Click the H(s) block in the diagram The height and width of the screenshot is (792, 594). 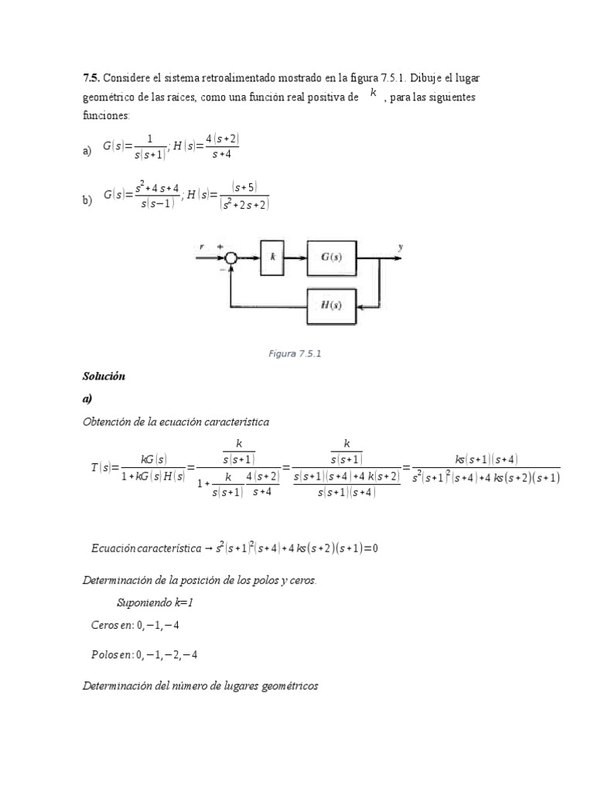point(331,305)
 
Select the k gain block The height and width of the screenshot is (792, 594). point(273,258)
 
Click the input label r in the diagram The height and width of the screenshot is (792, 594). point(202,247)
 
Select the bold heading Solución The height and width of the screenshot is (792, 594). point(104,377)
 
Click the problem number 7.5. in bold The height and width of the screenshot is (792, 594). point(91,79)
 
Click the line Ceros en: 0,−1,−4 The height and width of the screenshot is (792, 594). point(135,625)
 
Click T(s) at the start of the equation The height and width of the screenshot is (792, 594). point(101,467)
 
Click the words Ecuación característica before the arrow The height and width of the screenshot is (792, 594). point(145,548)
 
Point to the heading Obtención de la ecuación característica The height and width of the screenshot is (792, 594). point(176,422)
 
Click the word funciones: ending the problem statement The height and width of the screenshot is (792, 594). point(107,115)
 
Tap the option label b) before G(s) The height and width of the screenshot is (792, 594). point(87,200)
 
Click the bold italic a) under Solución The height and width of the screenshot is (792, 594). point(87,399)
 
